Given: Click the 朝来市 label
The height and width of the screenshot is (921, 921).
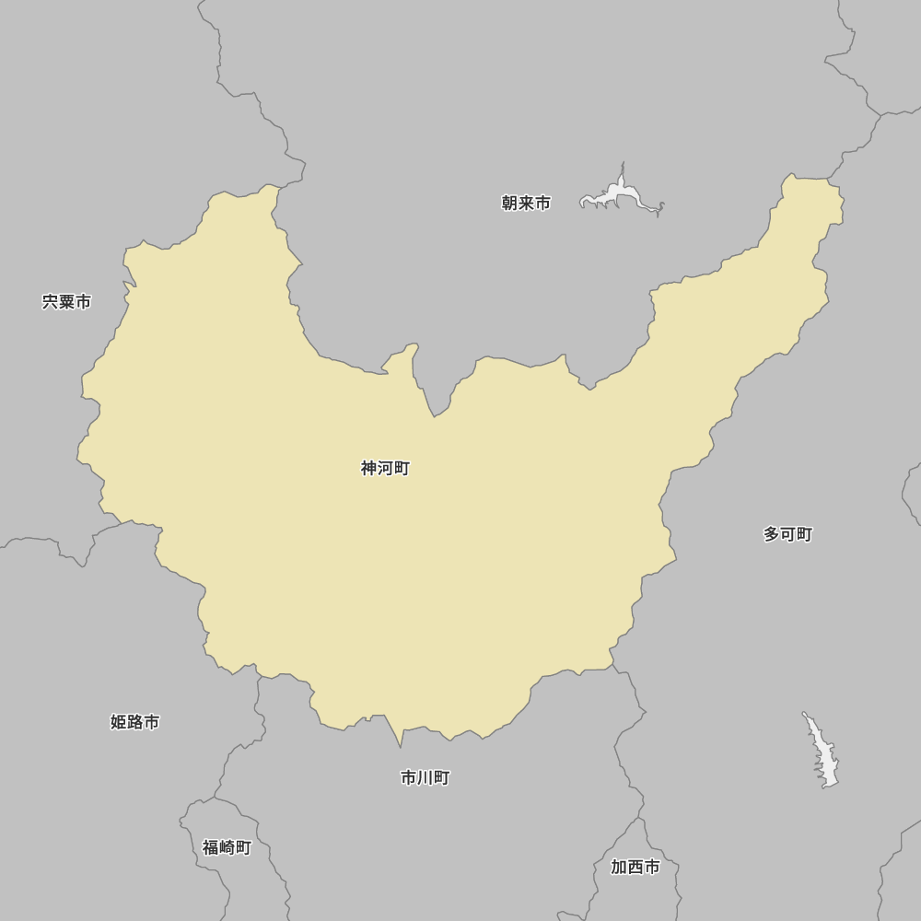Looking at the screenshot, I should pyautogui.click(x=526, y=204).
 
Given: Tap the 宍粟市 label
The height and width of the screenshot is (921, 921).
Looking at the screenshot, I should pyautogui.click(x=66, y=302).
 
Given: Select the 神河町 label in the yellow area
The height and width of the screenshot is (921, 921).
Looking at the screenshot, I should pyautogui.click(x=385, y=469).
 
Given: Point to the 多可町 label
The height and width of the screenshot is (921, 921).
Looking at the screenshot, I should pyautogui.click(x=787, y=535).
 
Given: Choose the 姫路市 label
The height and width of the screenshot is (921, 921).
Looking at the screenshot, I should pyautogui.click(x=134, y=723).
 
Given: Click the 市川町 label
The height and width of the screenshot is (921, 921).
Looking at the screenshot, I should pyautogui.click(x=425, y=778).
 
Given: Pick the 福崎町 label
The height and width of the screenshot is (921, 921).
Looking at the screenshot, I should pyautogui.click(x=227, y=848).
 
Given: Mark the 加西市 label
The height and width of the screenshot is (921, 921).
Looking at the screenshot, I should pyautogui.click(x=635, y=868).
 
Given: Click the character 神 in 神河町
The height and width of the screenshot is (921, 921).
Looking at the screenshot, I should pyautogui.click(x=369, y=469).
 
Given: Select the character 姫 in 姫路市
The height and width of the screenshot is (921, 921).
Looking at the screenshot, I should pyautogui.click(x=119, y=723).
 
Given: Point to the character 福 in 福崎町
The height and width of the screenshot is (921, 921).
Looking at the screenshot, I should pyautogui.click(x=211, y=848).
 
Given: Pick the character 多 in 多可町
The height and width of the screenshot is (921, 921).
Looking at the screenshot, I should pyautogui.click(x=772, y=535).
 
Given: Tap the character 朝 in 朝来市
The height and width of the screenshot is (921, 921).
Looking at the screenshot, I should pyautogui.click(x=510, y=204).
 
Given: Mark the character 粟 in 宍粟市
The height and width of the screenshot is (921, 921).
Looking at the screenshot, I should pyautogui.click(x=66, y=302).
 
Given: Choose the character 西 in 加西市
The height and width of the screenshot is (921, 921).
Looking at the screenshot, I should pyautogui.click(x=635, y=868).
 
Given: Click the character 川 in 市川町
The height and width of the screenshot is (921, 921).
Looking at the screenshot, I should pyautogui.click(x=425, y=778).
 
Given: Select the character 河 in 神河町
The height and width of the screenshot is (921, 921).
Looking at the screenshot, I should pyautogui.click(x=385, y=469).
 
